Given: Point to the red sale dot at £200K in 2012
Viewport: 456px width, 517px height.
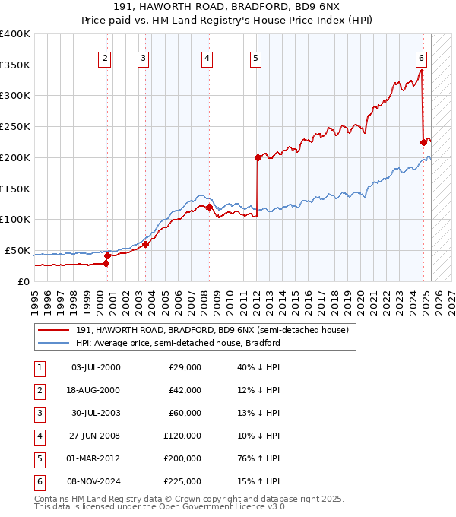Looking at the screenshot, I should tap(258, 157).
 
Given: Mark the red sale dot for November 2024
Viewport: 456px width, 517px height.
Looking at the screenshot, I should tap(424, 141).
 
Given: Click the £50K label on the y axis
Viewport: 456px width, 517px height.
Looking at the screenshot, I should tap(17, 250).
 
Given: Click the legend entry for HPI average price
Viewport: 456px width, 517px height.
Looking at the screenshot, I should tap(178, 343).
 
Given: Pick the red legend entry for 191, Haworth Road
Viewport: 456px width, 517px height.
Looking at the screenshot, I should tap(211, 330).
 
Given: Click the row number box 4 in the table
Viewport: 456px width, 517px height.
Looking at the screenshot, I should tap(37, 436).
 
